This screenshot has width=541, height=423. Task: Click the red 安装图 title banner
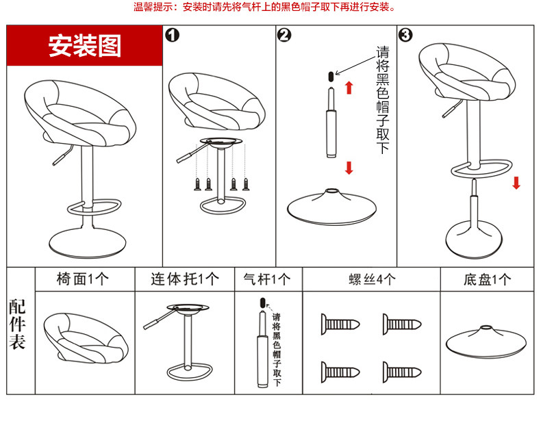tap(85, 46)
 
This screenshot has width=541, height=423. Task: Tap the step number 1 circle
tap(173, 35)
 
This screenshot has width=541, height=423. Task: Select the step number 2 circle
tap(285, 35)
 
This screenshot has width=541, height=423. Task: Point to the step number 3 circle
tap(405, 35)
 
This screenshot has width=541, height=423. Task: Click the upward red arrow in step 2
tap(349, 87)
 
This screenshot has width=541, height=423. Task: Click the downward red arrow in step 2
tap(349, 168)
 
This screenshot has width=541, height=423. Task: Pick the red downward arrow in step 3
tap(516, 182)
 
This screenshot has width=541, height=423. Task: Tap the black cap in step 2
tap(331, 75)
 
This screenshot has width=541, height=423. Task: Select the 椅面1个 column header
tap(84, 279)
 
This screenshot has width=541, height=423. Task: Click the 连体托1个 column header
tap(185, 279)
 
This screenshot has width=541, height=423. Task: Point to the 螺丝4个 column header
tap(372, 279)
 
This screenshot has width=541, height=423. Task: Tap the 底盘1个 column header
tap(487, 279)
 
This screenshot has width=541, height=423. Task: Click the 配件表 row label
tap(18, 324)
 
